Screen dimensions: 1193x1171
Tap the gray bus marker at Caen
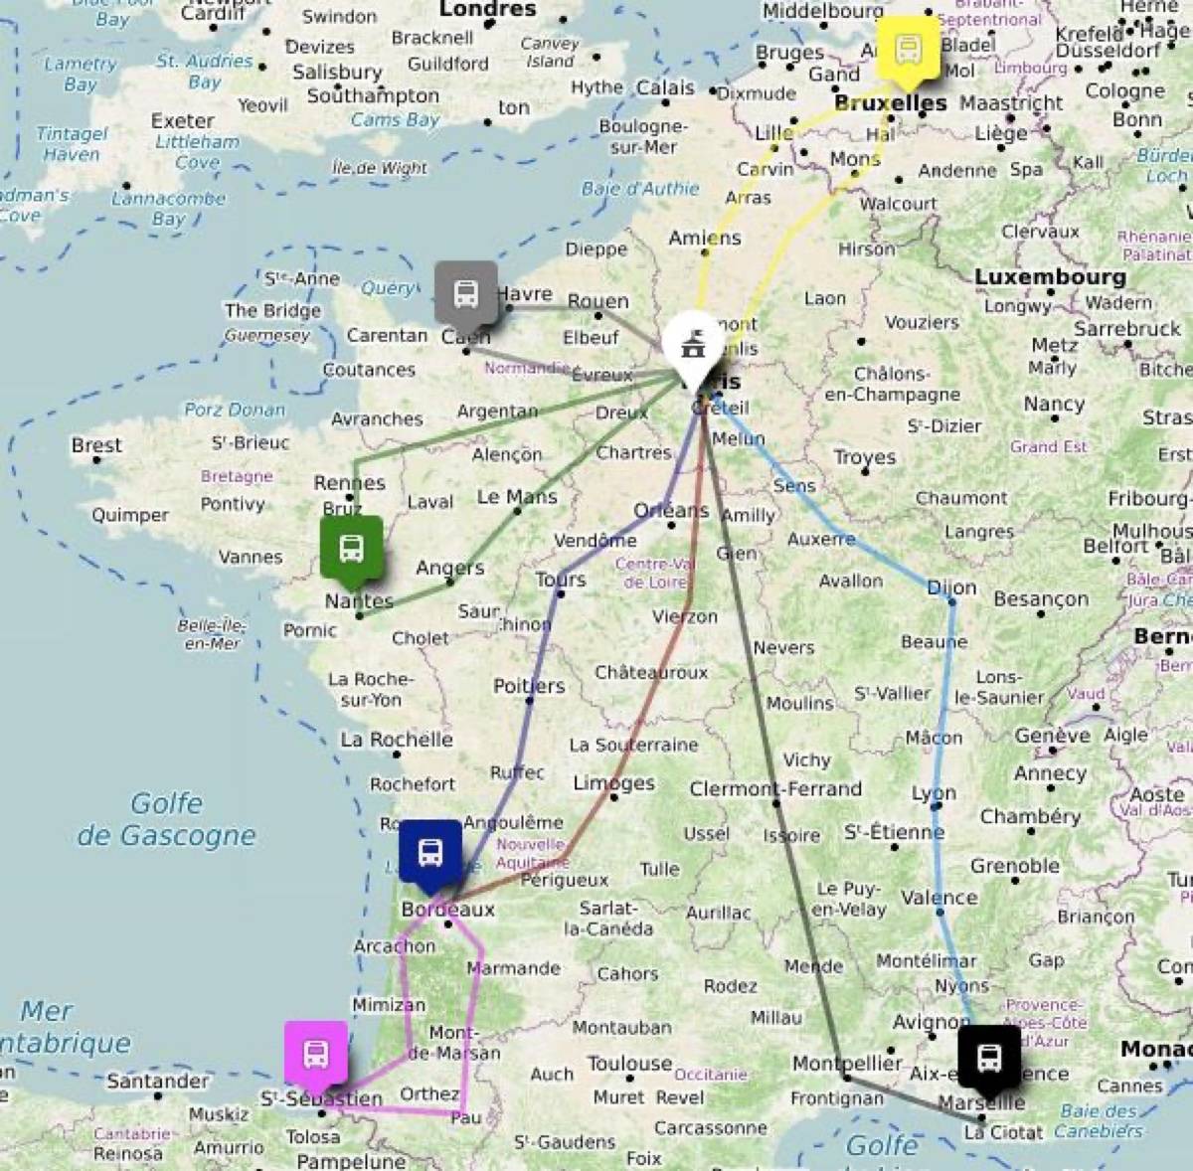click(x=465, y=293)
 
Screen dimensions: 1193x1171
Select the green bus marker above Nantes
click(x=351, y=547)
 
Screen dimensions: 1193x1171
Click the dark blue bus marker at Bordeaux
click(x=429, y=852)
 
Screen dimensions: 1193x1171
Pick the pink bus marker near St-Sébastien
click(x=316, y=1053)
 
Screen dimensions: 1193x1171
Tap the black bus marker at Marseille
click(x=989, y=1058)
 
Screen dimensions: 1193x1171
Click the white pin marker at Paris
click(x=692, y=347)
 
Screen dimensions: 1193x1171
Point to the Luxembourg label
click(x=1049, y=277)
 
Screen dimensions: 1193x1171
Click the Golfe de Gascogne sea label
click(x=166, y=819)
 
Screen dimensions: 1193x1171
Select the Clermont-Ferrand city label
click(x=775, y=789)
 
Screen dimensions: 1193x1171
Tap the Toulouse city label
click(x=629, y=1064)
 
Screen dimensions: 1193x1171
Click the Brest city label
click(x=96, y=445)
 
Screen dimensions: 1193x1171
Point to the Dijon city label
click(x=951, y=587)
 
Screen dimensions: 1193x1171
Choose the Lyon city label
click(x=934, y=793)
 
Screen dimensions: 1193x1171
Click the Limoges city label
click(x=613, y=783)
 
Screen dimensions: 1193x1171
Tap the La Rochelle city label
click(x=396, y=740)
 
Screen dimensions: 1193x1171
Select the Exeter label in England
click(x=182, y=120)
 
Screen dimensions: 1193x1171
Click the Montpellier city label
click(x=847, y=1064)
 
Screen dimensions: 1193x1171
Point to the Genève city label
click(x=1052, y=736)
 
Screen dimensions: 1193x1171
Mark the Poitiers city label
click(x=529, y=686)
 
